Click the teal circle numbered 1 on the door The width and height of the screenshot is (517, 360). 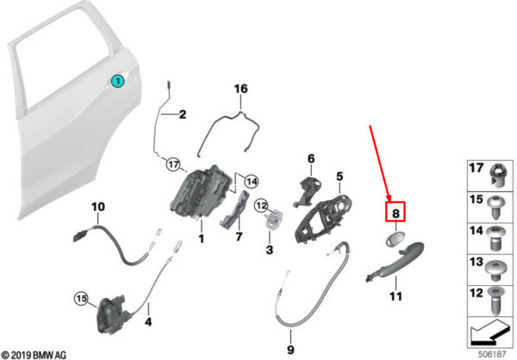pyautogui.click(x=117, y=81)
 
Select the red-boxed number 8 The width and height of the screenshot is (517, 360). pyautogui.click(x=396, y=211)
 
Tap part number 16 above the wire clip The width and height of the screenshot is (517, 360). pyautogui.click(x=240, y=89)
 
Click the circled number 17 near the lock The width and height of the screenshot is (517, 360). pyautogui.click(x=172, y=163)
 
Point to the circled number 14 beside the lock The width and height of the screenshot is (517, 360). pyautogui.click(x=251, y=181)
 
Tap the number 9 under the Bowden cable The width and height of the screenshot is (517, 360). pyautogui.click(x=290, y=350)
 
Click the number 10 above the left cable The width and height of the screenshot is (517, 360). pyautogui.click(x=97, y=207)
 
